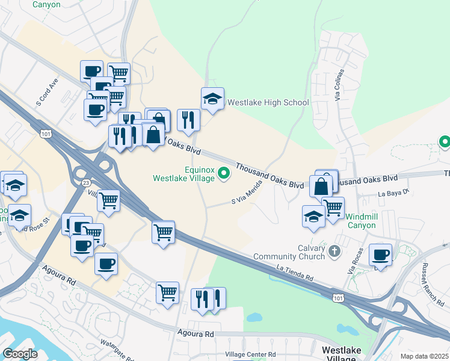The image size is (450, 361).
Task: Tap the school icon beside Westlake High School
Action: point(212,99)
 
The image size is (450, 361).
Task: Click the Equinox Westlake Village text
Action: point(183,173)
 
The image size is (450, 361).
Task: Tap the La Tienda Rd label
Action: point(295,274)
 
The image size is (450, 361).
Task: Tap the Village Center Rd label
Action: point(250,354)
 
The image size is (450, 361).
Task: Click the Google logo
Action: point(20,354)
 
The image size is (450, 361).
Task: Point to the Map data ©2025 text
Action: point(424,356)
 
